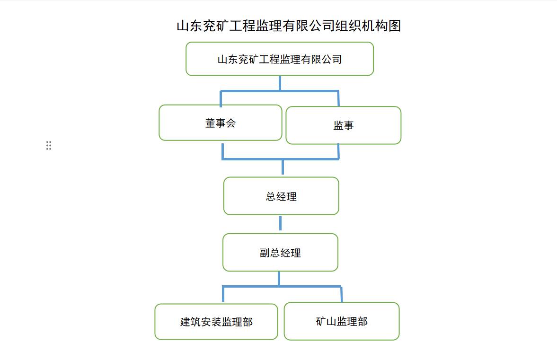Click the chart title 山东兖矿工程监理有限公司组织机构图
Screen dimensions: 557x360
point(289,26)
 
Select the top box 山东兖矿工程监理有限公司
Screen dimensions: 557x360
point(280,59)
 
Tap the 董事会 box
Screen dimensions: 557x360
point(221,123)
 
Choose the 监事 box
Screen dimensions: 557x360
point(344,125)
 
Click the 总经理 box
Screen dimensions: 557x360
point(282,196)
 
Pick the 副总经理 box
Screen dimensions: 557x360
point(280,253)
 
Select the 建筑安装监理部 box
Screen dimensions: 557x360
point(216,322)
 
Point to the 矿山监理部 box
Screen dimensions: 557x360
point(342,321)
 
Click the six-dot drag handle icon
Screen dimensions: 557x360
point(49,145)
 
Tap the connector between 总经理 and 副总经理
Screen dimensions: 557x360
point(280,223)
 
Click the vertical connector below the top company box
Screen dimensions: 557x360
point(280,83)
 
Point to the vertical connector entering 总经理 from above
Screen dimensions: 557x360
point(283,167)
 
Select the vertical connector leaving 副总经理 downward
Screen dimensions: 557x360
point(279,279)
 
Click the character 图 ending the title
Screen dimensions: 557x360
point(395,26)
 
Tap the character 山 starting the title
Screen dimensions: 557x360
point(183,26)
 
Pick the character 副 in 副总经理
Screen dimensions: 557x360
point(265,253)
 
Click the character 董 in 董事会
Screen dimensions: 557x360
point(210,123)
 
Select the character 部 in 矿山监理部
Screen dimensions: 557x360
point(362,322)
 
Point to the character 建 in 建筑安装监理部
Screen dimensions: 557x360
point(185,322)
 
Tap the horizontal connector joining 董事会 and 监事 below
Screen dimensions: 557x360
point(281,159)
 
